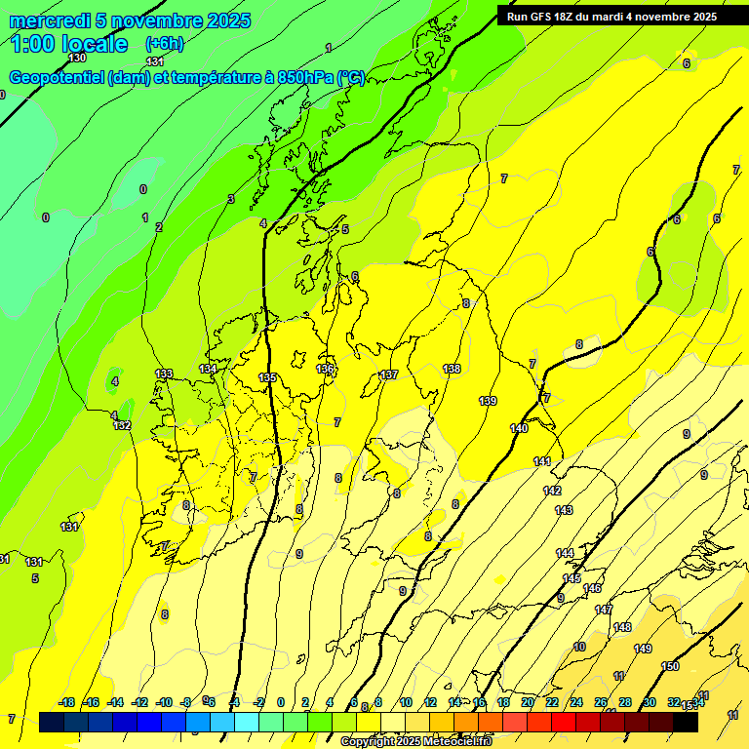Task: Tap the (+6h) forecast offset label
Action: (x=164, y=44)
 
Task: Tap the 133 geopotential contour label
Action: (x=164, y=374)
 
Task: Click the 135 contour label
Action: (x=267, y=377)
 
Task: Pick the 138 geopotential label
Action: (x=452, y=369)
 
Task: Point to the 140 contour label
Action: (x=519, y=428)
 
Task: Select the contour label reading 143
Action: (x=564, y=510)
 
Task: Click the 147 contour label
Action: (x=604, y=610)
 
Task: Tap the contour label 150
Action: (x=670, y=666)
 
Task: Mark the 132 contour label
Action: (x=122, y=425)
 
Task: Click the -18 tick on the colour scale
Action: (x=66, y=702)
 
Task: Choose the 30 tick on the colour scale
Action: (x=650, y=702)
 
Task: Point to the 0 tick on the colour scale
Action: (x=281, y=702)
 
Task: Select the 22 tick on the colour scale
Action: (x=551, y=702)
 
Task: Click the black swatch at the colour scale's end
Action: (x=687, y=723)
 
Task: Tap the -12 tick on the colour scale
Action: (x=139, y=702)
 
